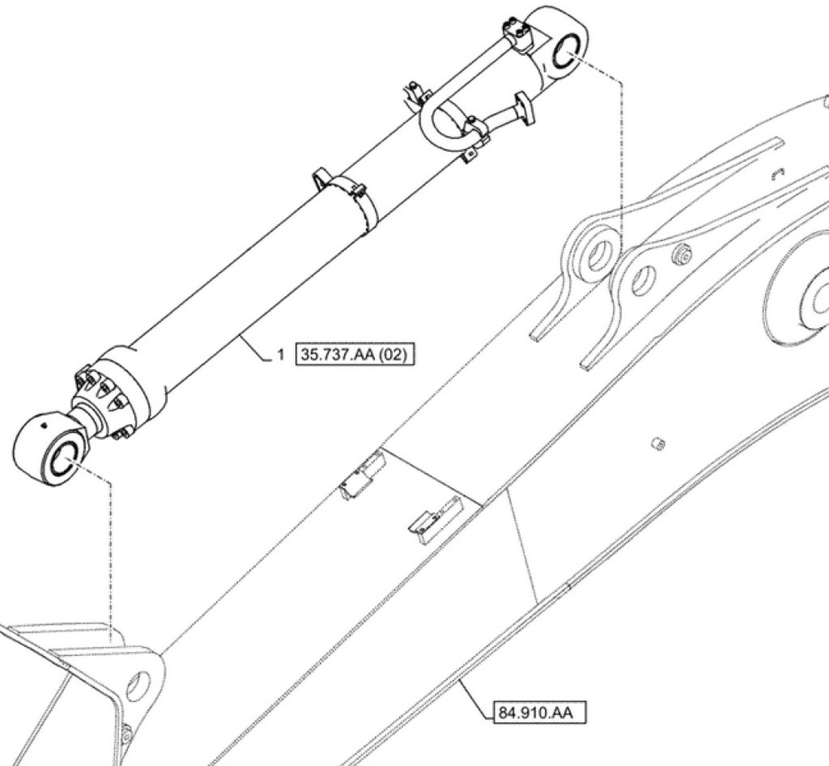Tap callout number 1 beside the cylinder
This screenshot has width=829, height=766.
point(279,353)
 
